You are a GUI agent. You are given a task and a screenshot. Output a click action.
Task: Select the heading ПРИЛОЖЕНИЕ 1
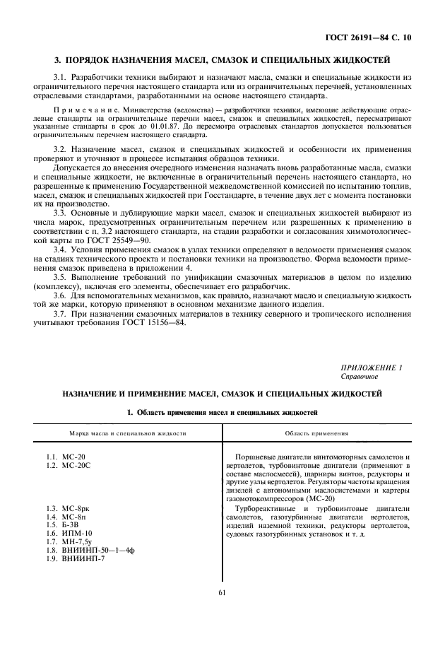[381, 366]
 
